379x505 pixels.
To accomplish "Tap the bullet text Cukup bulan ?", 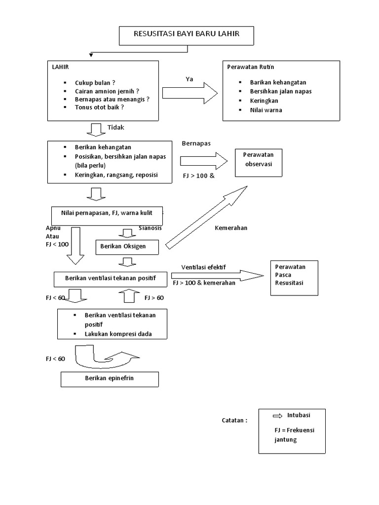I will (95, 83).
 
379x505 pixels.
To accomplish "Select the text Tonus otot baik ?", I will (99, 107).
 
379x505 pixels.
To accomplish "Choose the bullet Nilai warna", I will (266, 110).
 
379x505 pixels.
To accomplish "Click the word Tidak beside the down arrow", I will (116, 127).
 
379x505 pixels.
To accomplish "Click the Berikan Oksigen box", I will (127, 246).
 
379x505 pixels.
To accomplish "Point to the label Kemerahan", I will (231, 228).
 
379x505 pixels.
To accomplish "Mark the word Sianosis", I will (150, 228).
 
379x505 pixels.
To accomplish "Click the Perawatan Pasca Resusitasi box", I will (294, 278).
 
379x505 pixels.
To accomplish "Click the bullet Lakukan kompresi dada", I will (118, 334).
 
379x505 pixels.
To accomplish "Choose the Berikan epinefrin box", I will (110, 379).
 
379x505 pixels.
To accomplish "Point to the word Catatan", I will (234, 421).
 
